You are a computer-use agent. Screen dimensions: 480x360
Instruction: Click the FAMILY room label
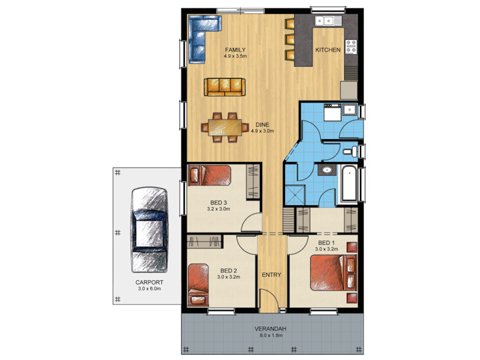(x=235, y=50)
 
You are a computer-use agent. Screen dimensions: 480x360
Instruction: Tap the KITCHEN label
(x=328, y=50)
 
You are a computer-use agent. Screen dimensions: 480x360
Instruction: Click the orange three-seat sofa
(x=224, y=87)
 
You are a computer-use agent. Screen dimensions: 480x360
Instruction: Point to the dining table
(x=224, y=127)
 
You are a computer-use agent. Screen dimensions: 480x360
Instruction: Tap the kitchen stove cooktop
(x=352, y=47)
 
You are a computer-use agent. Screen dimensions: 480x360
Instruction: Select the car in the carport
(x=149, y=230)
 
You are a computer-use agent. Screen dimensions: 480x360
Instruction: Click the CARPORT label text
(x=149, y=282)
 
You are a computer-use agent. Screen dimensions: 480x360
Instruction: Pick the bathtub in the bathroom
(x=349, y=184)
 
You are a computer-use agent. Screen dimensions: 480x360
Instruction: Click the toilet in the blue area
(x=351, y=151)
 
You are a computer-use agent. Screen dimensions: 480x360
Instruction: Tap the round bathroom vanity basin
(x=327, y=170)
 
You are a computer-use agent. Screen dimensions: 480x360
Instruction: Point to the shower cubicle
(x=295, y=194)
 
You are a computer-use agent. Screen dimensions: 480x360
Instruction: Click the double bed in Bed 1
(x=334, y=272)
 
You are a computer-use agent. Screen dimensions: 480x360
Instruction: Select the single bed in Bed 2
(x=198, y=285)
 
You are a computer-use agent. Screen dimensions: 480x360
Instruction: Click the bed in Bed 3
(x=209, y=175)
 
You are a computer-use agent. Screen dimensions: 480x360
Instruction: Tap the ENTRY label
(x=271, y=275)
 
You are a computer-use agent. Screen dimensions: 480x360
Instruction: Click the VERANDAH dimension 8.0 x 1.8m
(x=271, y=335)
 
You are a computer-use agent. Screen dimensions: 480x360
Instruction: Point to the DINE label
(x=262, y=125)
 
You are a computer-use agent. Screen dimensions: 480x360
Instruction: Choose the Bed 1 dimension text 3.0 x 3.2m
(x=326, y=249)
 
